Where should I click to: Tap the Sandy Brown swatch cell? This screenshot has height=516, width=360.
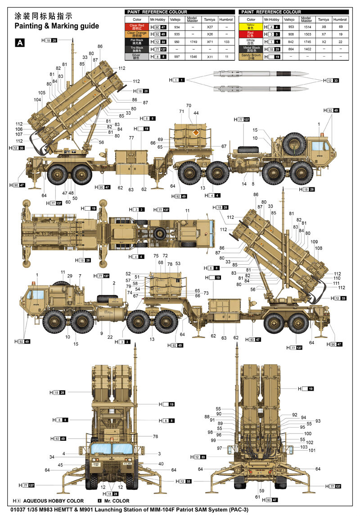(251, 56)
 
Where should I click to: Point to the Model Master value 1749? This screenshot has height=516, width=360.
(192, 41)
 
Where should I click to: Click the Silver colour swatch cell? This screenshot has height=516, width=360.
(136, 56)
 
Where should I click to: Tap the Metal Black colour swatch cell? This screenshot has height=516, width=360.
(251, 49)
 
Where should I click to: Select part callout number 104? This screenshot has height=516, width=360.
(37, 100)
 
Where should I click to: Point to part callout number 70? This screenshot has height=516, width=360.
(189, 105)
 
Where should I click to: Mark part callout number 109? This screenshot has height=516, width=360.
(314, 241)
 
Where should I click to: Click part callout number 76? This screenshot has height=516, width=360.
(155, 436)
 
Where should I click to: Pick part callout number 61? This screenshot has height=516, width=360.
(258, 497)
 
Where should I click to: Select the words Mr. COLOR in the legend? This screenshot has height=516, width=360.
(116, 501)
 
